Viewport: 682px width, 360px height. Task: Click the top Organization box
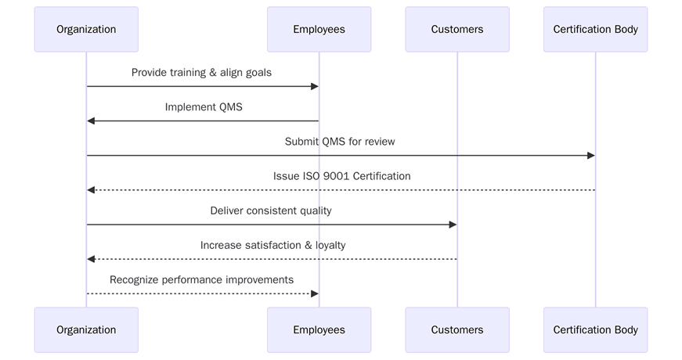pyautogui.click(x=86, y=30)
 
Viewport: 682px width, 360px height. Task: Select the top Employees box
pyautogui.click(x=319, y=30)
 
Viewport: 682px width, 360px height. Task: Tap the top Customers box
pyautogui.click(x=457, y=30)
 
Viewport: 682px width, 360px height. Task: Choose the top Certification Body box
pyautogui.click(x=595, y=30)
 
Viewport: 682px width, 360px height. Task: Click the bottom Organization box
pyautogui.click(x=86, y=330)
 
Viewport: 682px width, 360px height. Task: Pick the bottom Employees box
pyautogui.click(x=319, y=330)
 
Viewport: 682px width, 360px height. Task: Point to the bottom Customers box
pyautogui.click(x=457, y=330)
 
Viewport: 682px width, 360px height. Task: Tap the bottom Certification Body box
pyautogui.click(x=595, y=330)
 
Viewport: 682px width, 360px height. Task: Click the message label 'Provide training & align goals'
pyautogui.click(x=201, y=73)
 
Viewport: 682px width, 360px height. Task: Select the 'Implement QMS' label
pyautogui.click(x=204, y=107)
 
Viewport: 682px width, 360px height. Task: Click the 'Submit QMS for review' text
pyautogui.click(x=340, y=142)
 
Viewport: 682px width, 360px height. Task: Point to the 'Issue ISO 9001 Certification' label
pyautogui.click(x=341, y=176)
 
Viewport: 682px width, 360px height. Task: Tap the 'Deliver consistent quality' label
pyautogui.click(x=271, y=211)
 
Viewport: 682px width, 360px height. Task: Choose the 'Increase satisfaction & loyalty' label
pyautogui.click(x=272, y=245)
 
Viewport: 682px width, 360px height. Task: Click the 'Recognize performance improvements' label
pyautogui.click(x=201, y=279)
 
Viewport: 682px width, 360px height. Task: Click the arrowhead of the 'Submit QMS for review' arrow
pyautogui.click(x=591, y=156)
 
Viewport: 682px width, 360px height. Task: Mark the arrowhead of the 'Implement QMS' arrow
pyautogui.click(x=91, y=121)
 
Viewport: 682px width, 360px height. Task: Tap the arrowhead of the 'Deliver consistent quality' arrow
pyautogui.click(x=453, y=225)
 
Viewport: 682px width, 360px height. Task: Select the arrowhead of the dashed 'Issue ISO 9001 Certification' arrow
pyautogui.click(x=91, y=190)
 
